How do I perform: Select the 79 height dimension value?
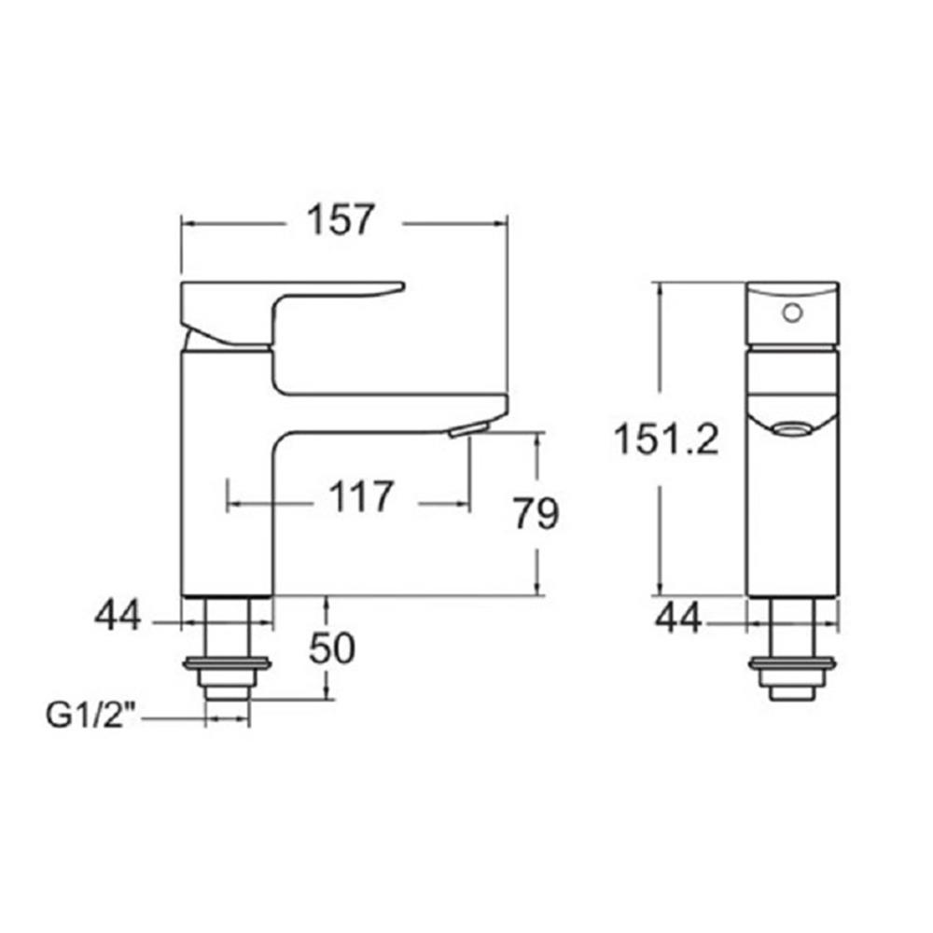(x=536, y=512)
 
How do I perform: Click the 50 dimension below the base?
(x=332, y=648)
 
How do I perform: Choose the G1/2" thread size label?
(x=91, y=717)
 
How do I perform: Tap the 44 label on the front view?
(x=677, y=616)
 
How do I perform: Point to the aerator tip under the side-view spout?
(x=467, y=428)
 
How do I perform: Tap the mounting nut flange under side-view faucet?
(x=228, y=665)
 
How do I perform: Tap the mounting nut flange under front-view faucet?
(x=794, y=665)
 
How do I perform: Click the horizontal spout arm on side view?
(x=392, y=411)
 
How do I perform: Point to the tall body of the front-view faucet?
(x=794, y=513)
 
